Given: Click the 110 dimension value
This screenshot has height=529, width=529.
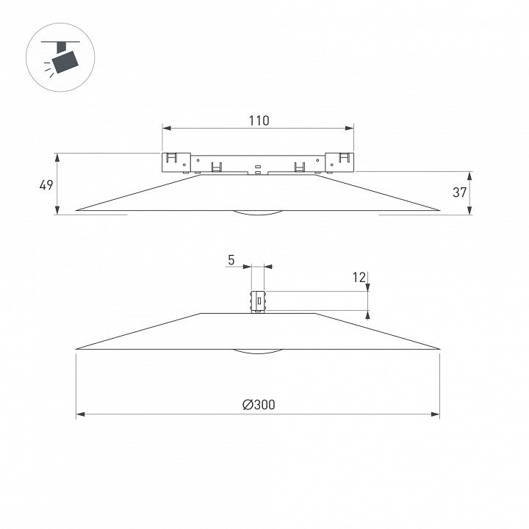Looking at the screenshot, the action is coord(259,120).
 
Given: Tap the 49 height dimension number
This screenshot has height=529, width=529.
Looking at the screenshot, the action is coord(46,185).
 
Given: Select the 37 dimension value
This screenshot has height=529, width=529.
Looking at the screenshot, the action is coord(459,192).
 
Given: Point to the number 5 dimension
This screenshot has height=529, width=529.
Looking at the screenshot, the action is coord(231,260).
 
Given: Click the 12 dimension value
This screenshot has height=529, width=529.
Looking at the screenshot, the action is coord(359,277).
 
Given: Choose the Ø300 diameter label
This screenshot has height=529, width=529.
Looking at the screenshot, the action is coord(259,405).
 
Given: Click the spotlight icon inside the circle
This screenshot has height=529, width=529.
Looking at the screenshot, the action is coord(61,57).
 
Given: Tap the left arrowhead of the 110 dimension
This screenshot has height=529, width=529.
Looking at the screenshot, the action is coord(167,128).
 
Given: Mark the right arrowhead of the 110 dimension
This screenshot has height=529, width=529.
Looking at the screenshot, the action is coord(349,128).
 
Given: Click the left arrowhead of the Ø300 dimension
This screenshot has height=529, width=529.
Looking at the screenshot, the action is coord(80,414).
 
